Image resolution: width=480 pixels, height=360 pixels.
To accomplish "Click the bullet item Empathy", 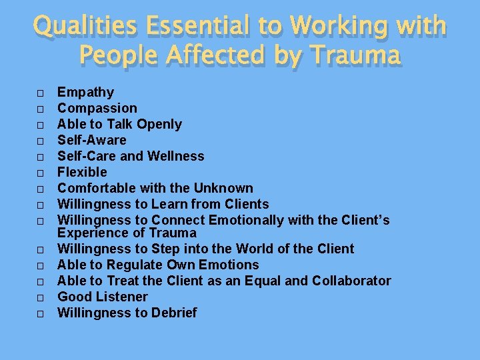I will pos(85,92).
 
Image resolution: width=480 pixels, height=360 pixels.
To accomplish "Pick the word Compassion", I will pos(97,108).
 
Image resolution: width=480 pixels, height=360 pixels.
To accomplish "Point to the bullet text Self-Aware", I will pos(91,140).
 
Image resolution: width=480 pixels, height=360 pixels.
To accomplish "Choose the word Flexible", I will pos(82,172).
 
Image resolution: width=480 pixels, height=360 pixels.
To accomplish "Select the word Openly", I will pos(159,124).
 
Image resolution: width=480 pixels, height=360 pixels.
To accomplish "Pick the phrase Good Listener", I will pos(103,297).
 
